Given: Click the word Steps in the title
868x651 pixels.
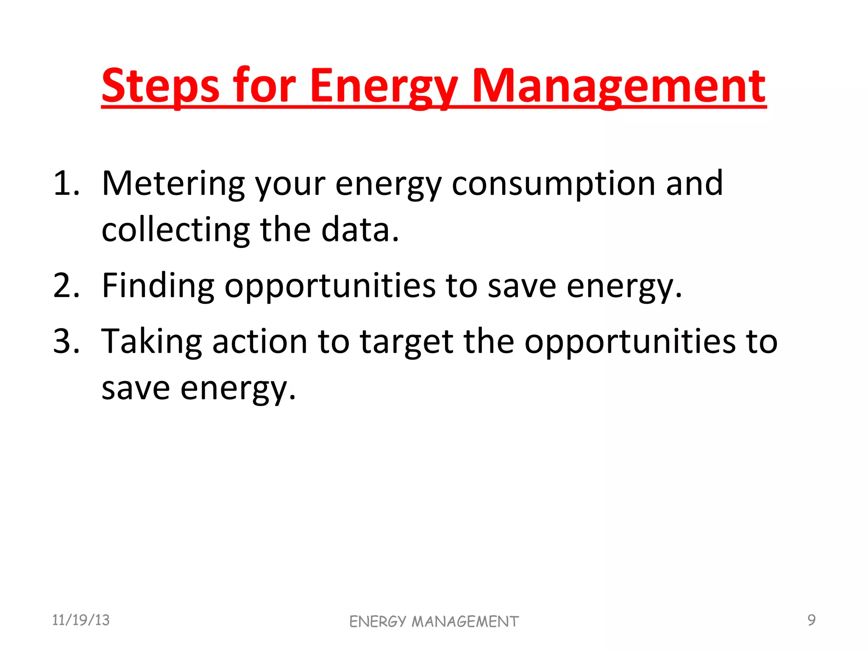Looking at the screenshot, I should [160, 87].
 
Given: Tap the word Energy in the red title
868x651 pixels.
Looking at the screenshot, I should [384, 87].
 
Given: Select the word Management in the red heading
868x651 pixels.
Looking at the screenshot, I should [618, 87].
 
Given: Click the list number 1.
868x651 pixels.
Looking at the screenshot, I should [66, 184].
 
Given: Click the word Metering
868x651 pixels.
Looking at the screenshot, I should [173, 184].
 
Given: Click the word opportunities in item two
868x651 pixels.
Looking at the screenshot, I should [330, 286].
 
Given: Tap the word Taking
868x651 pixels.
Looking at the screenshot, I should [151, 341].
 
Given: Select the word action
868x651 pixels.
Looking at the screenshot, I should [259, 341].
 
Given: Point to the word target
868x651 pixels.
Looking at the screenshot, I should [406, 341].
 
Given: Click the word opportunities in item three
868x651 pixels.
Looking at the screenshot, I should [630, 341].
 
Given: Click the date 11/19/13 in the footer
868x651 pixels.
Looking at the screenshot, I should [81, 620].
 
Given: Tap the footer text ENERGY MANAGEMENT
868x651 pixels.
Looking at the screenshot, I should [434, 622].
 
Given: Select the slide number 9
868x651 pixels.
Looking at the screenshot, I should [811, 620].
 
